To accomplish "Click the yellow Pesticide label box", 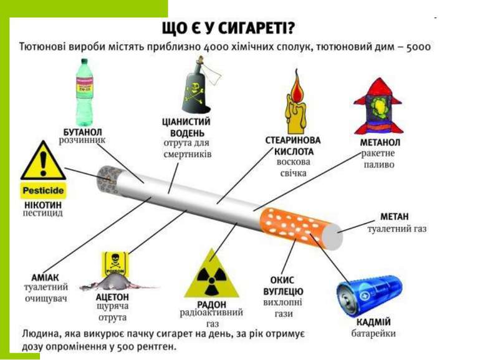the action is coord(43,190).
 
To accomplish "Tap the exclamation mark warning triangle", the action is coord(43,161).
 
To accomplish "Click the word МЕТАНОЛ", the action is coord(380,142).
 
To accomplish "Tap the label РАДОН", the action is coord(211,304).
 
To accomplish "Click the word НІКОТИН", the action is coord(43,205).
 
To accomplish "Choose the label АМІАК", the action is coord(45,278).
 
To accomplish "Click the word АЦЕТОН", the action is coord(112,297).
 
